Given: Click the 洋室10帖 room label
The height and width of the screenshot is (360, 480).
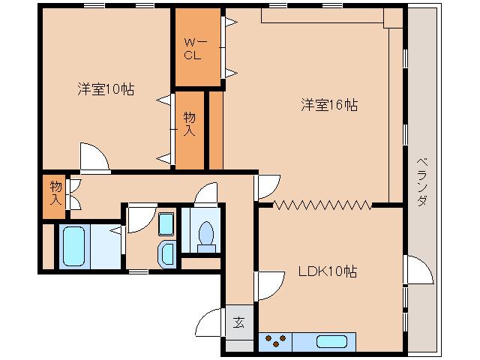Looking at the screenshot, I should (106, 89).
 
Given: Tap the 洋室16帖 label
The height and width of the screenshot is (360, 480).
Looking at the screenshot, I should (330, 105).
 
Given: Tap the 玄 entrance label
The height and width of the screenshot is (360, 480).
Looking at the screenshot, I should (238, 323).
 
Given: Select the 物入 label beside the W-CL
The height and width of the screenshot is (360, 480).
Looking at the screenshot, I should (190, 123).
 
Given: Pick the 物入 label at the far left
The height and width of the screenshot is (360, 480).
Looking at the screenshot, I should (55, 193).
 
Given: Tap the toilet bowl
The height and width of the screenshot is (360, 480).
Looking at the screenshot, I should (204, 235).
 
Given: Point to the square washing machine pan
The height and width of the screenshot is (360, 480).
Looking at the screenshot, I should (166, 223).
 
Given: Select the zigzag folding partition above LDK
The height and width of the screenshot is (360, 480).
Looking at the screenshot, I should (322, 203).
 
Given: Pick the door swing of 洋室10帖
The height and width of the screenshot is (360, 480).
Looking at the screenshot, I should (94, 157).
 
